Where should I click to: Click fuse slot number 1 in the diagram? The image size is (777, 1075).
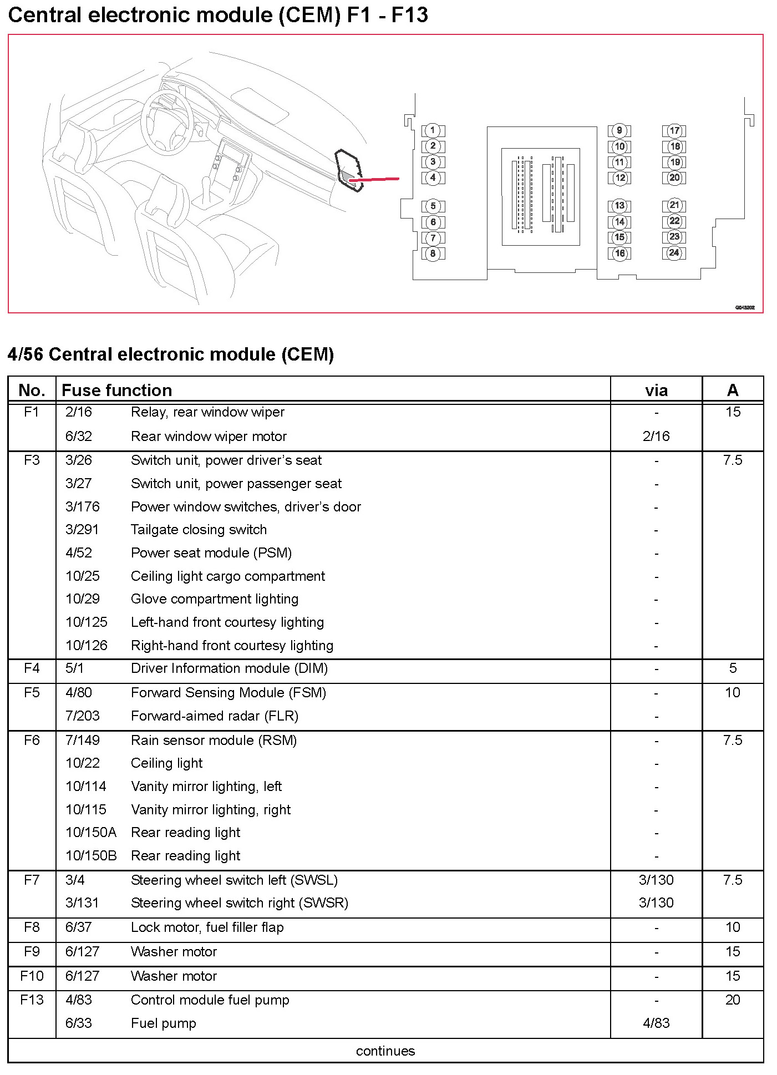[433, 131]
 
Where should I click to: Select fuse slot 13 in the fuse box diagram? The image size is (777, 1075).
[619, 206]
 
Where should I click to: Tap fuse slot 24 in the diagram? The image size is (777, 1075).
[674, 253]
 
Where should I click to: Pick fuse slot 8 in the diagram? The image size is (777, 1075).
[433, 254]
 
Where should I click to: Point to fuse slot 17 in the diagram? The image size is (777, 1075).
[674, 131]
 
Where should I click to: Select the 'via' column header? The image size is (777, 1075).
[656, 390]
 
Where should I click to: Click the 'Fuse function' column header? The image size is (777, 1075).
[116, 390]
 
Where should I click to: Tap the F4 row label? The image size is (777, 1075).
[32, 668]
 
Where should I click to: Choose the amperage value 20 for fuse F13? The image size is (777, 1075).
[732, 1000]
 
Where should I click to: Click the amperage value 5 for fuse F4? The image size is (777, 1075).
[732, 668]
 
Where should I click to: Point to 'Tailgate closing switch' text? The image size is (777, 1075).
[199, 530]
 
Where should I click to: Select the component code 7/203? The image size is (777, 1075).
[82, 716]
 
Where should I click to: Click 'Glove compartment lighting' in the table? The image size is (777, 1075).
[214, 599]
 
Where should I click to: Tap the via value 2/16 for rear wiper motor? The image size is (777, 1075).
[656, 437]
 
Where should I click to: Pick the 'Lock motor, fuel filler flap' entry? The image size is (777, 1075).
[207, 927]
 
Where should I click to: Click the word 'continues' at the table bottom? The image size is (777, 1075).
[385, 1051]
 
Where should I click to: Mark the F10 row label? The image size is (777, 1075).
[32, 976]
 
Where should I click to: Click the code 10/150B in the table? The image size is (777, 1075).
[91, 856]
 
